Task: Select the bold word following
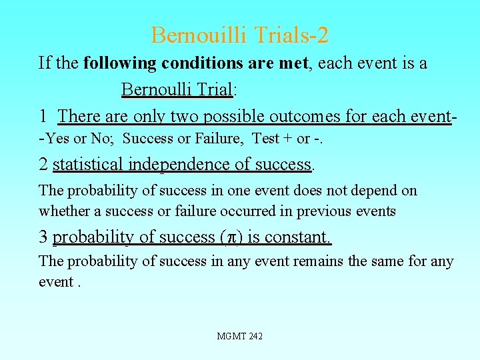(118, 63)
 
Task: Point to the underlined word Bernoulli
(155, 89)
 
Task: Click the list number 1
(43, 116)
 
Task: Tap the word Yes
(58, 139)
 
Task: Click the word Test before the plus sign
(265, 139)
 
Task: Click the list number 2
(43, 164)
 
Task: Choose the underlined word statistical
(88, 164)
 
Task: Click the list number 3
(43, 237)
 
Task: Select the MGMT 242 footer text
(239, 336)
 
